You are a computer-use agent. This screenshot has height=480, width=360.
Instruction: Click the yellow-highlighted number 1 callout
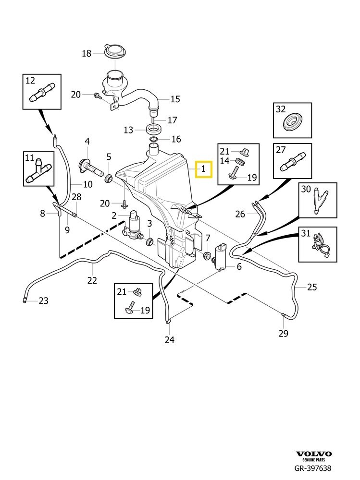(204, 168)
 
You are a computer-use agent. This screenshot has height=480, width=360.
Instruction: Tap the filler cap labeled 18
(114, 51)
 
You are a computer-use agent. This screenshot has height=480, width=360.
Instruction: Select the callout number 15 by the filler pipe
(175, 99)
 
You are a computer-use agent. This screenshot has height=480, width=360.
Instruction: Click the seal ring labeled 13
(154, 129)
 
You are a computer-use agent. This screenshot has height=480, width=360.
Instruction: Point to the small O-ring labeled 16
(154, 140)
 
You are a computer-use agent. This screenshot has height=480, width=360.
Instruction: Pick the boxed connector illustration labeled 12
(41, 92)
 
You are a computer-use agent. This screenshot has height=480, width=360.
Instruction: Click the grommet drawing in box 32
(292, 122)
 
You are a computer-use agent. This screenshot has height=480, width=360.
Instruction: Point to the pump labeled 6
(222, 256)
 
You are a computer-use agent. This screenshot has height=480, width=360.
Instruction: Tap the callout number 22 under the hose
(92, 280)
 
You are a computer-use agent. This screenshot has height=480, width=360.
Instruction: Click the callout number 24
(169, 340)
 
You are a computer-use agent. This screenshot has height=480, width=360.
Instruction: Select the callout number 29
(283, 333)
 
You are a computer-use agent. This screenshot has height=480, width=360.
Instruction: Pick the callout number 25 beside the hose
(312, 287)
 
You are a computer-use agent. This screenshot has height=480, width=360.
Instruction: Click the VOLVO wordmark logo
(313, 454)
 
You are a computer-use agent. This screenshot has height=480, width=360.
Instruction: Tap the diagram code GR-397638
(312, 468)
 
